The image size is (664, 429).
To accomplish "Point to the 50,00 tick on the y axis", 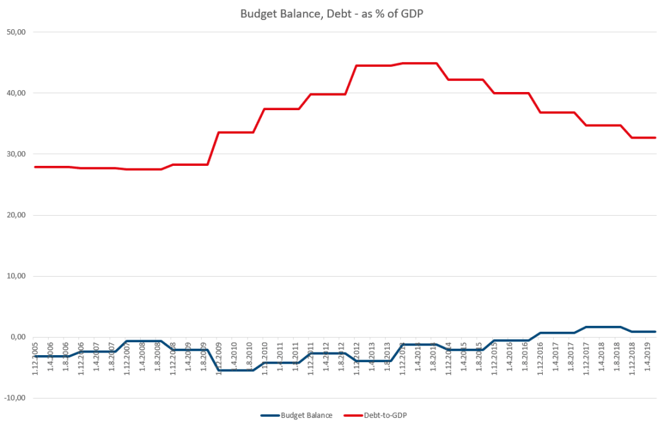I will [21, 32].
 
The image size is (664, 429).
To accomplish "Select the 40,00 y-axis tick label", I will [21, 93].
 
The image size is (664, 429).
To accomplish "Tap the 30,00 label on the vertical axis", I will [21, 154].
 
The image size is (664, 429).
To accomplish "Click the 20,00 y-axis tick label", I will [21, 215].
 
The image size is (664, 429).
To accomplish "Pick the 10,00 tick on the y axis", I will [21, 276].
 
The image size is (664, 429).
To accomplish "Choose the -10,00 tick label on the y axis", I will [19, 398].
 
